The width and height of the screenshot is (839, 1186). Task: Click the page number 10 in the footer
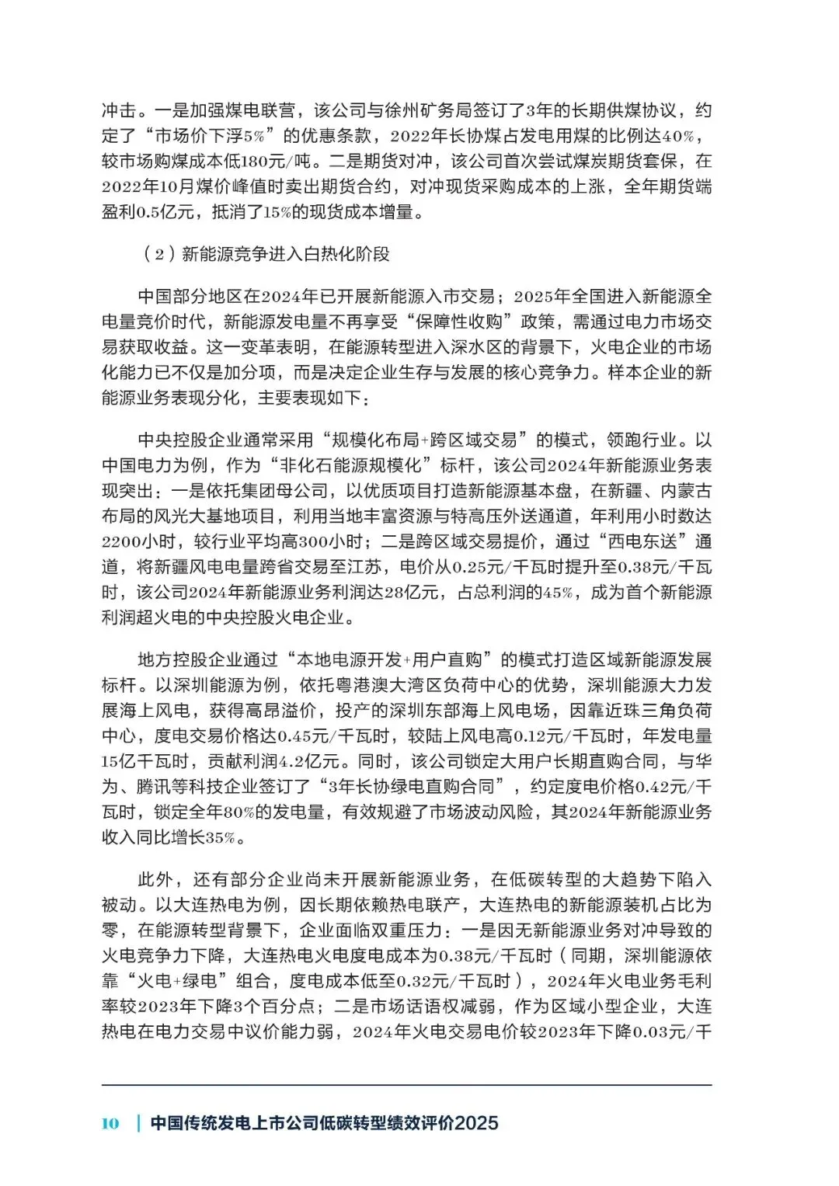[x=110, y=1123]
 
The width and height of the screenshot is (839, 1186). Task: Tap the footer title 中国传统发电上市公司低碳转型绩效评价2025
[x=324, y=1123]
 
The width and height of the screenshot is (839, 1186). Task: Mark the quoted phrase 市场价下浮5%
[x=210, y=136]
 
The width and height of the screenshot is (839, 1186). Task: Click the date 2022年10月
[x=148, y=187]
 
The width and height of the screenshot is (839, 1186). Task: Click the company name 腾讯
[x=154, y=787]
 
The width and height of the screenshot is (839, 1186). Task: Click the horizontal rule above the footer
[x=406, y=1085]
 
